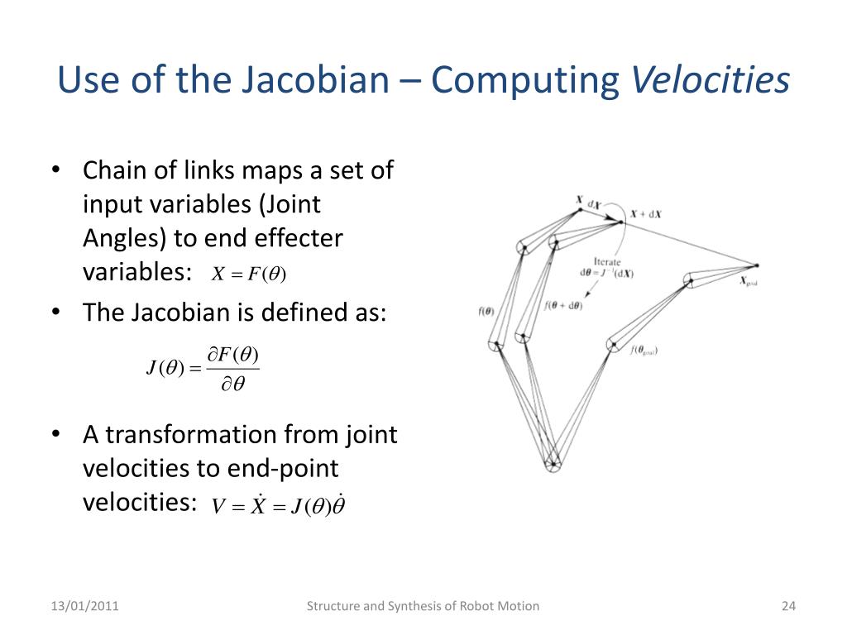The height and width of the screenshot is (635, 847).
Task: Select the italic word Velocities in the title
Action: tap(711, 81)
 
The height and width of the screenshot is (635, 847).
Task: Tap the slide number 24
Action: tap(787, 606)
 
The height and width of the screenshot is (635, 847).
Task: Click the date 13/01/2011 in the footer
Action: tap(84, 606)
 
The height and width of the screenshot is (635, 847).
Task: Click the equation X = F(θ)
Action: tap(248, 275)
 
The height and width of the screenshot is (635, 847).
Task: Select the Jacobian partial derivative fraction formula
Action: tap(203, 369)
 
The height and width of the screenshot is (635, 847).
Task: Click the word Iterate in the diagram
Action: tap(607, 261)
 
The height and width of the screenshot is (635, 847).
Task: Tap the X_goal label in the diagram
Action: tap(748, 281)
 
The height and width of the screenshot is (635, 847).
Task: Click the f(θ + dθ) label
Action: tap(563, 305)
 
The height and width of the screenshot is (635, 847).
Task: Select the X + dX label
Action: tap(645, 214)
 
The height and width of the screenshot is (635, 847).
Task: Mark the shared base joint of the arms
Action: tap(553, 463)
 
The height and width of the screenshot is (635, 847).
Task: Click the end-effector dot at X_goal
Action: tap(756, 265)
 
